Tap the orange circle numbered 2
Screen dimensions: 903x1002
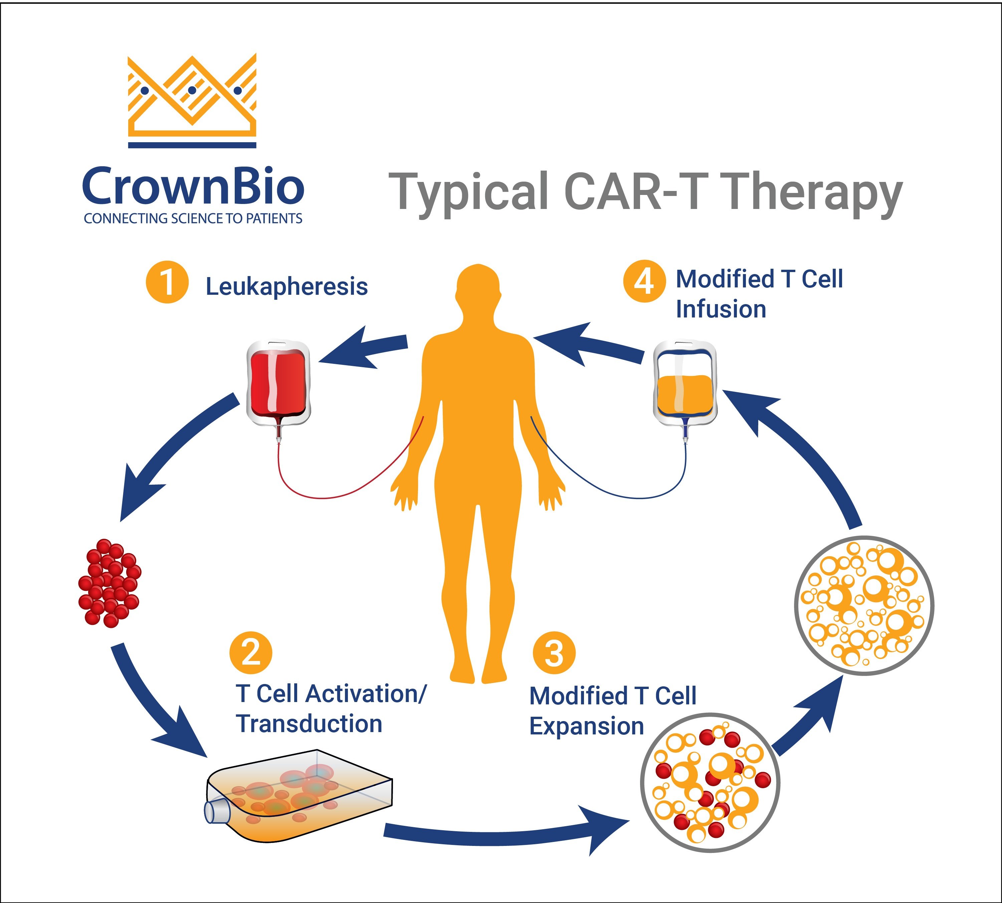[x=251, y=652]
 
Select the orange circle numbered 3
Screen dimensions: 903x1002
[x=554, y=652]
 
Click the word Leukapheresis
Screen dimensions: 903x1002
[x=287, y=286]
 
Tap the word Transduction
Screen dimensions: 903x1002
[x=309, y=723]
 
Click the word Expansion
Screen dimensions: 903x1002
[x=587, y=726]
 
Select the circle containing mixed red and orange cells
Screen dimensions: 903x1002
[x=710, y=783]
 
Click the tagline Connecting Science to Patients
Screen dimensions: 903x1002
[x=193, y=219]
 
